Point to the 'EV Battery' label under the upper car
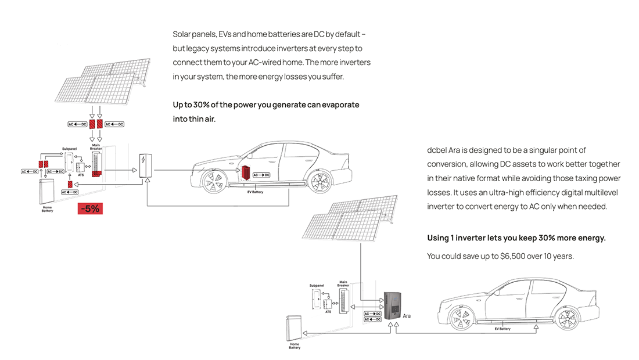click(254, 191)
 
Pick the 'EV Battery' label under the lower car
click(502, 329)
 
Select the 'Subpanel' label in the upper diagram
click(70, 149)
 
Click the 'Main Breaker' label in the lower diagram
click(343, 283)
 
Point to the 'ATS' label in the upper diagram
click(81, 175)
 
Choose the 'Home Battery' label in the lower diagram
click(295, 346)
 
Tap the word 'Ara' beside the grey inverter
click(407, 316)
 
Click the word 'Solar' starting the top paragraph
click(182, 34)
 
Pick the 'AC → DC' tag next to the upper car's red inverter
click(263, 174)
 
